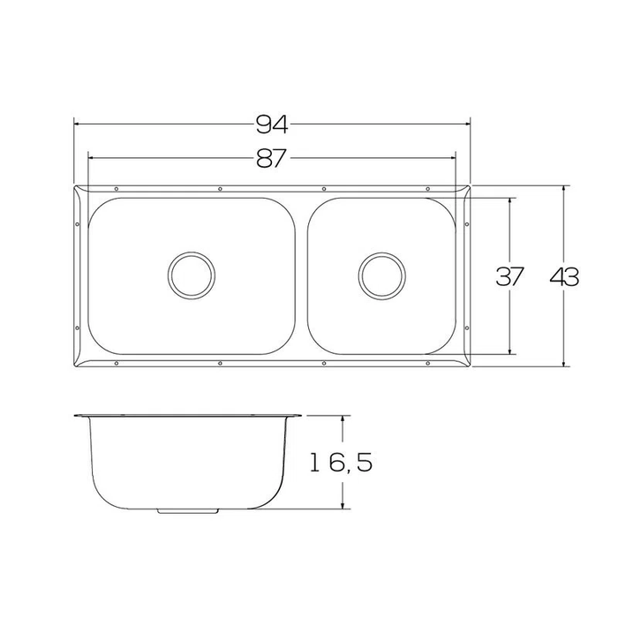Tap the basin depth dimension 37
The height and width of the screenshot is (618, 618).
point(509,276)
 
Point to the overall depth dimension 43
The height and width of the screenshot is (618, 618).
point(564,276)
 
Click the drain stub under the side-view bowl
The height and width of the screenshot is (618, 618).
point(189,510)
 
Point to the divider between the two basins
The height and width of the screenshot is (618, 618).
point(301,275)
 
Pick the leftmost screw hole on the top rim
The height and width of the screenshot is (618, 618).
point(117,189)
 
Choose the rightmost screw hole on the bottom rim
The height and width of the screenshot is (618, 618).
point(427,363)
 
